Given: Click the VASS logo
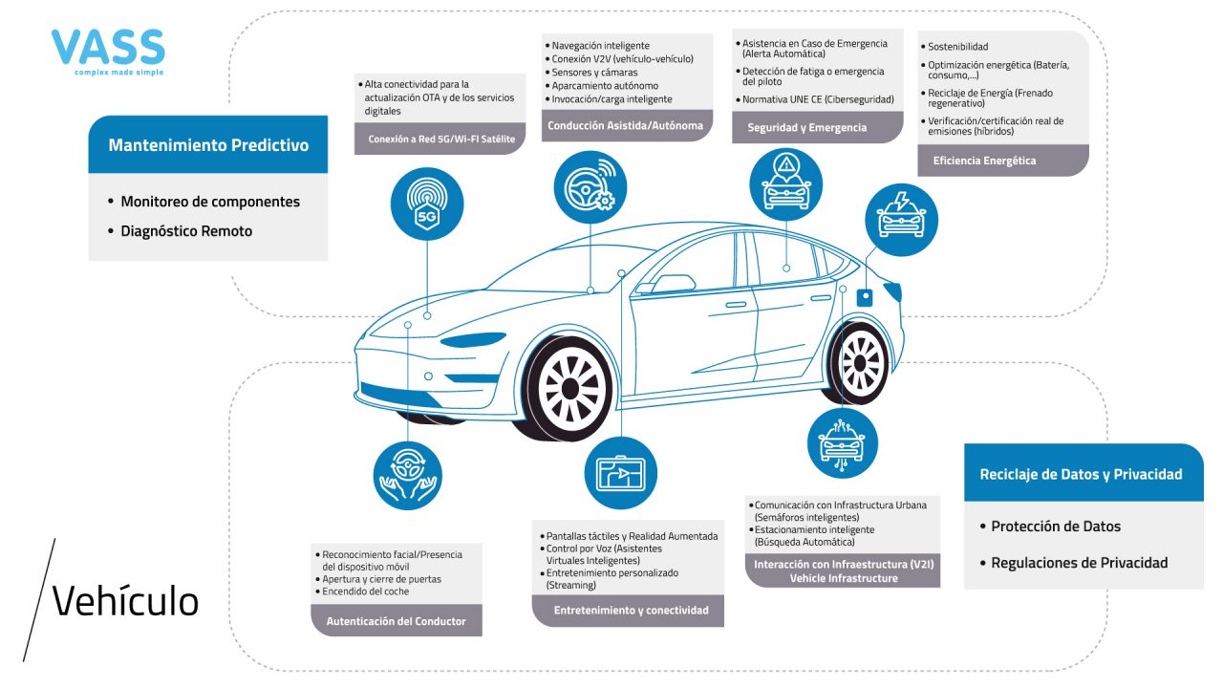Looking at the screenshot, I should (x=108, y=51).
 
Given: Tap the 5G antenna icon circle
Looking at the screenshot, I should (x=427, y=204).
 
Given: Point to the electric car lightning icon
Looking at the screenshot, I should (x=900, y=219).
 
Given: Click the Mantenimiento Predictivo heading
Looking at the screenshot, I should (x=208, y=145).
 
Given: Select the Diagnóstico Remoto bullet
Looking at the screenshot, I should (x=186, y=231).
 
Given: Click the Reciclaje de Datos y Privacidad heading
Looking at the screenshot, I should (x=1081, y=474).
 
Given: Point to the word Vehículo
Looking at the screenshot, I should (x=125, y=601).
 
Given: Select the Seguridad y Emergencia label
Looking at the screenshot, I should (x=807, y=127).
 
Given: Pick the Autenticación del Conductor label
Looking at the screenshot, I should (x=397, y=621).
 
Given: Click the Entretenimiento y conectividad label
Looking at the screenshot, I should (x=632, y=610).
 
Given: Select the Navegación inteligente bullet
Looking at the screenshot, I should (x=601, y=45).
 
